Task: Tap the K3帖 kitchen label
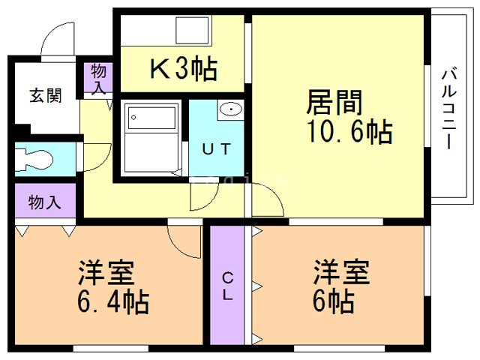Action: [x=184, y=70]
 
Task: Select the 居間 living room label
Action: [x=335, y=100]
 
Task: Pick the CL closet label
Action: [x=227, y=286]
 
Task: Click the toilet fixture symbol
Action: [x=36, y=158]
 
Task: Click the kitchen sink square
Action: [x=193, y=31]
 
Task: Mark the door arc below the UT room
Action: [x=202, y=196]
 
